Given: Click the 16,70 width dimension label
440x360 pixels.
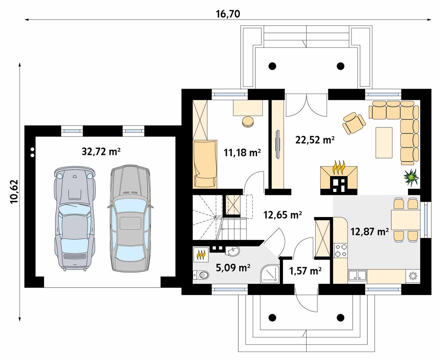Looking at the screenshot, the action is click(x=228, y=14).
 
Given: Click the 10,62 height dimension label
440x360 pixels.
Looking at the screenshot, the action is click(x=14, y=192).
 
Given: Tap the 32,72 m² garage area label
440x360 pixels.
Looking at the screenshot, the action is click(x=101, y=151).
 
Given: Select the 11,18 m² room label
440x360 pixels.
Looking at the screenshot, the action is click(x=242, y=153).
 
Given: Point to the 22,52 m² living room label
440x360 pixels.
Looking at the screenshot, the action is click(x=315, y=140).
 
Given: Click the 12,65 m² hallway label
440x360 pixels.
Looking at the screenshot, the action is click(x=282, y=215).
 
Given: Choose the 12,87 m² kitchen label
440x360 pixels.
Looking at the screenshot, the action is click(x=369, y=232).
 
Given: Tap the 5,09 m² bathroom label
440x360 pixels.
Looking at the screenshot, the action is click(x=233, y=268).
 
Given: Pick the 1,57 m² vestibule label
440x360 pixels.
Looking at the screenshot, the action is click(x=305, y=271).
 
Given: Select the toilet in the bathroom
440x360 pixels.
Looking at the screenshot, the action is click(x=201, y=275).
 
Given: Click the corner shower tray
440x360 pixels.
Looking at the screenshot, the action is click(x=270, y=274).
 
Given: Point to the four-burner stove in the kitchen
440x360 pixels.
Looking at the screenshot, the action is click(x=341, y=250).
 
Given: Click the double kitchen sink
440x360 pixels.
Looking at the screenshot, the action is click(x=357, y=275).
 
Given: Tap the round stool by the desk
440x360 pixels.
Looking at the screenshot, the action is click(x=248, y=121).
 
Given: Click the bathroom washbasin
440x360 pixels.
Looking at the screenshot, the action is click(x=232, y=251).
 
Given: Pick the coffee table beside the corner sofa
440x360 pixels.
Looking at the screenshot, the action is click(x=384, y=143).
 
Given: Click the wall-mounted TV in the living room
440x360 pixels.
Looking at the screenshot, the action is click(x=277, y=144).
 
